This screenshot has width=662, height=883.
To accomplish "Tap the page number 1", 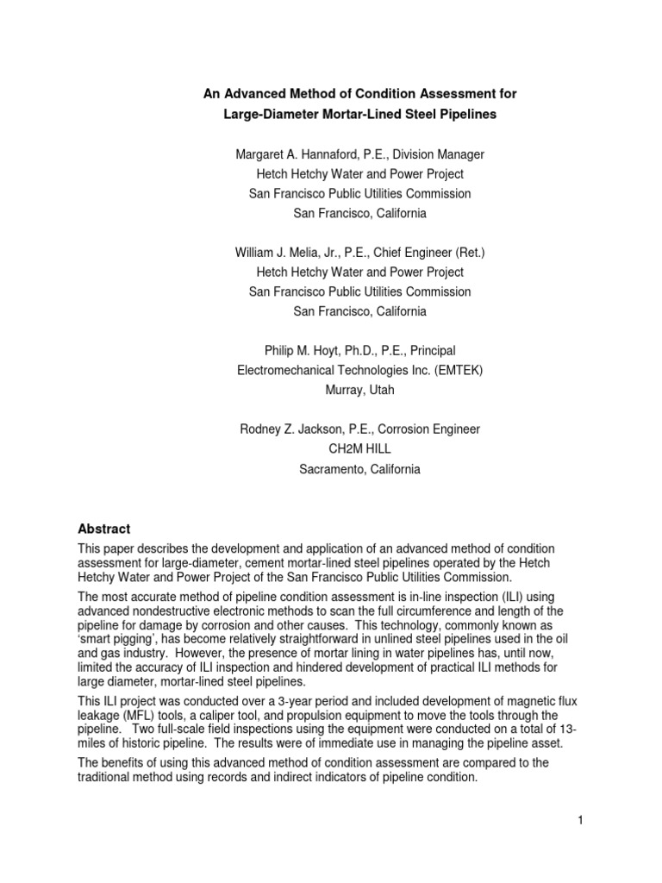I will click(x=581, y=820).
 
